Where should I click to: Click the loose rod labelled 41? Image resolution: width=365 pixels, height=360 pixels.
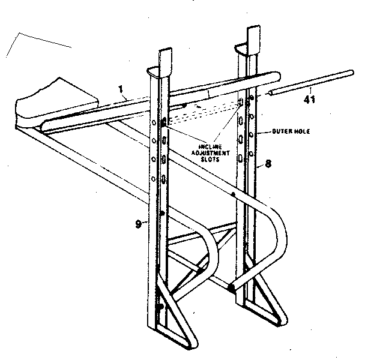point(312,83)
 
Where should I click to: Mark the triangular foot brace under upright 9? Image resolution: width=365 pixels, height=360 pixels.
point(177,324)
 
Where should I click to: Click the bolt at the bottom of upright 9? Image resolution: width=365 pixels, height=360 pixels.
point(160,307)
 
